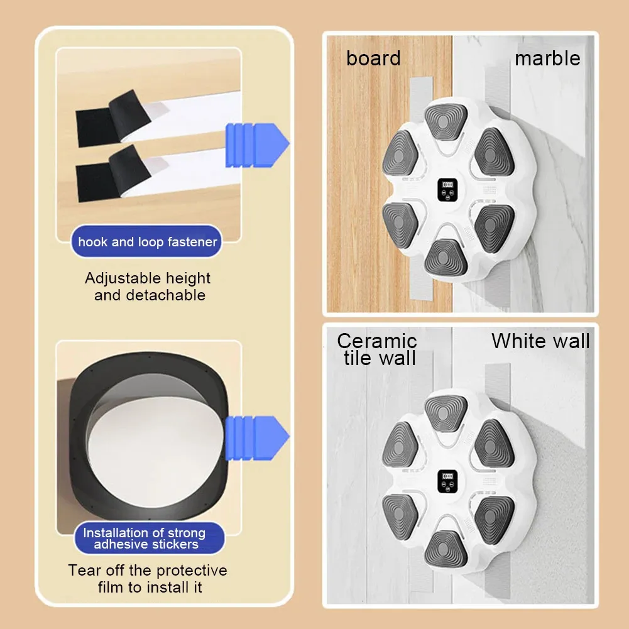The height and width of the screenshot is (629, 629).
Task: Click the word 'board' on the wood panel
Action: tap(373, 58)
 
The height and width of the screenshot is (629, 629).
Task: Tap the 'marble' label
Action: tap(547, 58)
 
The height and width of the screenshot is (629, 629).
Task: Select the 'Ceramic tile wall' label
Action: tap(377, 349)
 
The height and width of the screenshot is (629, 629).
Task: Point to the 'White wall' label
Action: tap(540, 341)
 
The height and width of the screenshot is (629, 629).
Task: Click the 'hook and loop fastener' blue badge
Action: tap(146, 241)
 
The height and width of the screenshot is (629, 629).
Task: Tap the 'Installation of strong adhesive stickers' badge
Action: tap(149, 539)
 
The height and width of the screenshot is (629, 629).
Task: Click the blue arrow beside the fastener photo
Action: tap(257, 145)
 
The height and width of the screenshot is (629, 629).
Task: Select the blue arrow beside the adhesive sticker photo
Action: tap(257, 437)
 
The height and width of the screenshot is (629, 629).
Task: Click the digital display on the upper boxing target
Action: tap(447, 190)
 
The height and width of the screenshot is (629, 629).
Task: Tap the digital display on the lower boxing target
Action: tap(447, 481)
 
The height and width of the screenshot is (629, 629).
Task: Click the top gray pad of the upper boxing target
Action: tap(446, 121)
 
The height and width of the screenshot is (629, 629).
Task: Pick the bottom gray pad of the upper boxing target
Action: tap(446, 258)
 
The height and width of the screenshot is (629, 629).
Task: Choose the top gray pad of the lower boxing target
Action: tap(446, 413)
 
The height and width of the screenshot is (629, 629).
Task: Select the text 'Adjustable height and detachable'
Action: tap(148, 287)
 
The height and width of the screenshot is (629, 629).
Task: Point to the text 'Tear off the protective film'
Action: tap(148, 579)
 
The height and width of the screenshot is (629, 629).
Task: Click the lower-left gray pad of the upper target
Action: tap(400, 226)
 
